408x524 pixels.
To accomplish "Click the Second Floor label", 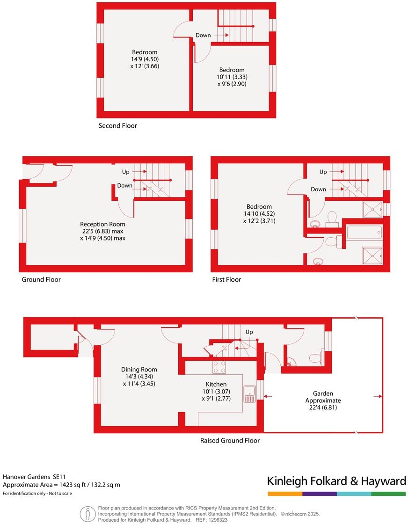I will pyautogui.click(x=117, y=126).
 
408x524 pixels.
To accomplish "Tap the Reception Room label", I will pyautogui.click(x=102, y=224).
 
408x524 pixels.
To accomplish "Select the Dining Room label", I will pyautogui.click(x=140, y=370).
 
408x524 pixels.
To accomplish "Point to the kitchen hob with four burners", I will pyautogui.click(x=219, y=367).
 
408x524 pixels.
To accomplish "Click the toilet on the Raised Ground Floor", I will pyautogui.click(x=315, y=358).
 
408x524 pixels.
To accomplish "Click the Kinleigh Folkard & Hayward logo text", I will pyautogui.click(x=336, y=481).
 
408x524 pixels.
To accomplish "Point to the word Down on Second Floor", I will pyautogui.click(x=203, y=35).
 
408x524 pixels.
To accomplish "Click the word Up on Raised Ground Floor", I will pyautogui.click(x=249, y=332).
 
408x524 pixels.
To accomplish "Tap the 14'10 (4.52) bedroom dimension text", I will pyautogui.click(x=259, y=214).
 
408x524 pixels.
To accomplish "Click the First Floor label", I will pyautogui.click(x=226, y=280).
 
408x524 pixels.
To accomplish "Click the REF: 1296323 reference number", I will pyautogui.click(x=212, y=520).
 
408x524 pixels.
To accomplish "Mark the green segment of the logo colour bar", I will pyautogui.click(x=388, y=494).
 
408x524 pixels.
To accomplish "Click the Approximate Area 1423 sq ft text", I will pyautogui.click(x=61, y=485).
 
